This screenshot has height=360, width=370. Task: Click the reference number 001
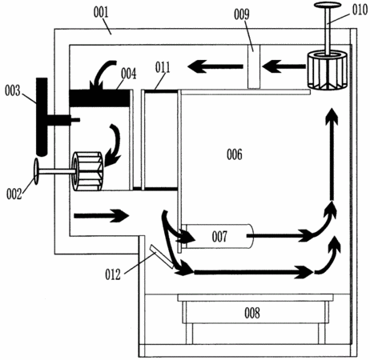pos(101,13)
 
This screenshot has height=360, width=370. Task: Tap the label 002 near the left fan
pos(14,194)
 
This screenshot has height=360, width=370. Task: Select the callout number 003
pos(12,91)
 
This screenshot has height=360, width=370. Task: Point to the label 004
pos(128,74)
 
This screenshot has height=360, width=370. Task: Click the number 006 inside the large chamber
pos(235,154)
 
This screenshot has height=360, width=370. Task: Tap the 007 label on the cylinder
pos(219,237)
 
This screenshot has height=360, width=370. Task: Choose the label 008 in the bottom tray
pos(252,313)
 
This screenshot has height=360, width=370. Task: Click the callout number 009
pos(242,14)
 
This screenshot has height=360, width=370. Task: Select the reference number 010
pos(360,10)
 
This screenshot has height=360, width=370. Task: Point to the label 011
pos(163,68)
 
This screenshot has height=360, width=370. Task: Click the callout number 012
pos(113,274)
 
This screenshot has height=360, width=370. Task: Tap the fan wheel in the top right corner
pos(328,70)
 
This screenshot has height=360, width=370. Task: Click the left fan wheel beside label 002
pos(88,171)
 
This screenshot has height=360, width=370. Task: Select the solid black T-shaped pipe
pos(42,117)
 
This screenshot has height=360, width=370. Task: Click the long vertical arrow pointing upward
pos(332,154)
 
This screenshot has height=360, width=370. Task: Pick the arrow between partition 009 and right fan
pos(284,66)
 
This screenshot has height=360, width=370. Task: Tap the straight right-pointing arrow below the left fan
pos(102,216)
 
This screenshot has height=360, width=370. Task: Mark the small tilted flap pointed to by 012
pos(162,257)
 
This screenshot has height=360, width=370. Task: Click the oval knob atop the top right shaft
pos(328,5)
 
